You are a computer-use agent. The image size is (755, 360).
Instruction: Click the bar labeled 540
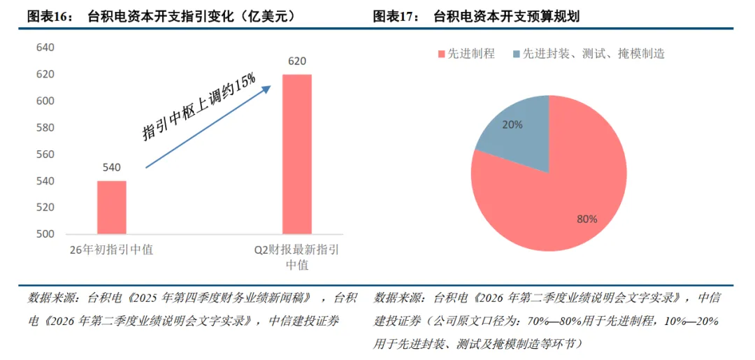[x=112, y=208]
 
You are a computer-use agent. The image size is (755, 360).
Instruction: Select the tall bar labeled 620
[x=297, y=154]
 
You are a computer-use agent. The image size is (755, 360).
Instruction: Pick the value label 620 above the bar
[x=297, y=62]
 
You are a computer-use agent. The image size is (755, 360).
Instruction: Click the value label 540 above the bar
[x=112, y=168]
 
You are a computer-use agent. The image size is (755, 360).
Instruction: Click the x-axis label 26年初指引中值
[x=111, y=250]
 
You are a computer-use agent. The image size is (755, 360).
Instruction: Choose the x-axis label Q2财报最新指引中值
[x=297, y=257]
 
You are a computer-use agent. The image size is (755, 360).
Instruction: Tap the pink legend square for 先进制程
[x=441, y=53]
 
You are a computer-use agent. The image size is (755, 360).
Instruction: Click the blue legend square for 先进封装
[x=517, y=53]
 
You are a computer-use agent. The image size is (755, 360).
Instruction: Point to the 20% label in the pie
[x=512, y=124]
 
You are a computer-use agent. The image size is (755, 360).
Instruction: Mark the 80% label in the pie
[x=587, y=219]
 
